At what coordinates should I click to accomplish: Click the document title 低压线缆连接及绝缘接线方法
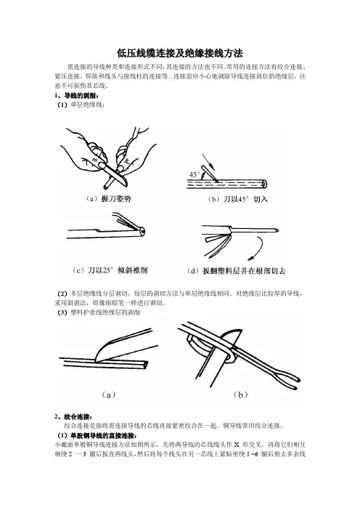tap(180, 53)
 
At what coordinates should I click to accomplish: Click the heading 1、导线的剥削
tap(76, 96)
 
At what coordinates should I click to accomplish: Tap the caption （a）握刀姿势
tap(109, 199)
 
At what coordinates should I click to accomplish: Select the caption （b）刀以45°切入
tap(237, 199)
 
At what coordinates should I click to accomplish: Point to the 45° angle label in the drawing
tap(195, 174)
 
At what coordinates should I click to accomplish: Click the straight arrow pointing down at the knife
tap(208, 162)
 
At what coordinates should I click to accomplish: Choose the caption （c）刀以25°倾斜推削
tap(110, 270)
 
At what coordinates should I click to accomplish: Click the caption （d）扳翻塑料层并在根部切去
tap(236, 270)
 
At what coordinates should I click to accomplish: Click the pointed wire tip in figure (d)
tap(277, 230)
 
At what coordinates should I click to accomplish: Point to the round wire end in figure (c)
tap(142, 231)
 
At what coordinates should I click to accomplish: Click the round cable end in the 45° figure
tap(264, 184)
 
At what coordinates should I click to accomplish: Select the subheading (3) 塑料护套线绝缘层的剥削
tap(99, 313)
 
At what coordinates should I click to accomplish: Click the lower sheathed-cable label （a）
tap(109, 395)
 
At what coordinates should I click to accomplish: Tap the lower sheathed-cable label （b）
tap(240, 395)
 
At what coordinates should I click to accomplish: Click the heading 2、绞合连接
tap(73, 417)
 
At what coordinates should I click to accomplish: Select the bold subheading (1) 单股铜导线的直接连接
tap(97, 435)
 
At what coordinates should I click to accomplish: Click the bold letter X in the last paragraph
tap(237, 445)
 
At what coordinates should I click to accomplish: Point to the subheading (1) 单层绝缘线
tap(81, 105)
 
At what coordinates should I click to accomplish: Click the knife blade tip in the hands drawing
tap(126, 185)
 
